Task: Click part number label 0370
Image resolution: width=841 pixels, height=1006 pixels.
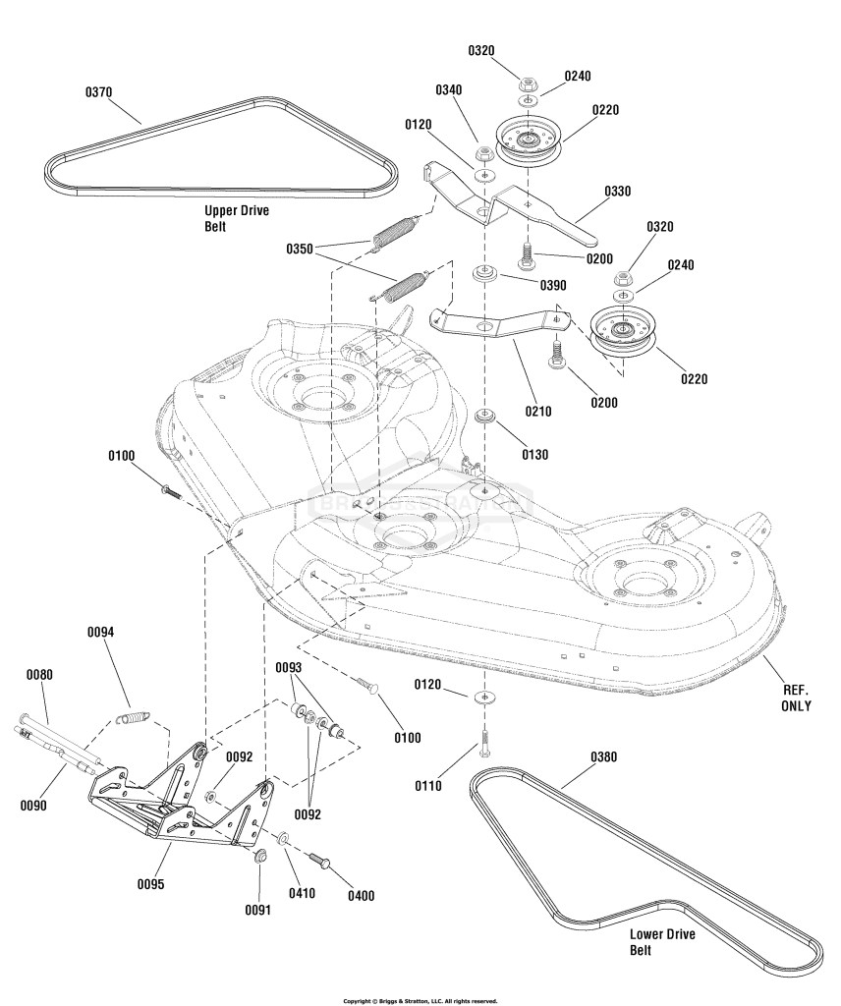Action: click(99, 92)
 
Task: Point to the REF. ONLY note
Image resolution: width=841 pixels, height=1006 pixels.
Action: click(796, 699)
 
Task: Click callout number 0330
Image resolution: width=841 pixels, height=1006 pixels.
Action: click(617, 192)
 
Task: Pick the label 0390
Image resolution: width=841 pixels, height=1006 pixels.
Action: click(553, 285)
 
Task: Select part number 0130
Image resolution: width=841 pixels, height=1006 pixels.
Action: click(534, 455)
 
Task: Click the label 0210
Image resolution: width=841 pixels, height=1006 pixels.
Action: click(537, 412)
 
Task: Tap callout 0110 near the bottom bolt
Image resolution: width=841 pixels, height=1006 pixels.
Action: click(428, 785)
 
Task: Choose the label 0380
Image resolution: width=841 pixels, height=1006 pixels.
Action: click(603, 757)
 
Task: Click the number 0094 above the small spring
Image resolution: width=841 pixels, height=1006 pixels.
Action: click(101, 632)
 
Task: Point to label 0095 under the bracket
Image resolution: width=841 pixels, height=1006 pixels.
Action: click(150, 884)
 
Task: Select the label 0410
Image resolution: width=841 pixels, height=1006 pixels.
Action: click(302, 892)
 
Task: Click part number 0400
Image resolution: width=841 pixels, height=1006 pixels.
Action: click(362, 896)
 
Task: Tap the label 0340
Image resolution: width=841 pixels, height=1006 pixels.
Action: click(448, 89)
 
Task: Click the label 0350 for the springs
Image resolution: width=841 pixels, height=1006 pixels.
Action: click(300, 249)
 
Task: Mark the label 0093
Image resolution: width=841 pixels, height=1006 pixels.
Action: click(289, 668)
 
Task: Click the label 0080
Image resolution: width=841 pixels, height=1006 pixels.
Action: click(39, 675)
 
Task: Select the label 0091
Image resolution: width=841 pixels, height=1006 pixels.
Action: click(257, 910)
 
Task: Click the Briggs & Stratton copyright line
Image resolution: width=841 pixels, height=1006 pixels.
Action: click(420, 1001)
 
